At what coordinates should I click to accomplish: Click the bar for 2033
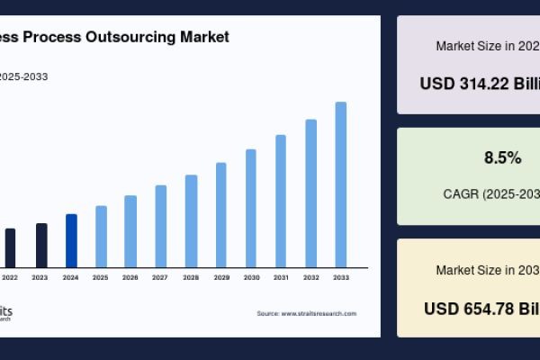coord(341,184)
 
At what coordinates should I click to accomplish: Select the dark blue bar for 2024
coord(71,240)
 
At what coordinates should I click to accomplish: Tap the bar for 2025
coord(101,236)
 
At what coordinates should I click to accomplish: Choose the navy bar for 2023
coord(41,245)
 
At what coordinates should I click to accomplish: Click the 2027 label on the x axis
coord(160,277)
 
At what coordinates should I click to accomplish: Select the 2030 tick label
coord(251,277)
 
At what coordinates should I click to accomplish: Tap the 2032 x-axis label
coord(311,277)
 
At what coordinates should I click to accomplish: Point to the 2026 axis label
coord(130,277)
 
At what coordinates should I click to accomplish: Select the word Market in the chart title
coord(206,37)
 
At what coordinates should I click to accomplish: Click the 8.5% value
coord(502,158)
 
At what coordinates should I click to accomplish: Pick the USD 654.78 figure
coord(481,308)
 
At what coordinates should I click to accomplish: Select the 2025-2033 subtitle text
coord(24,76)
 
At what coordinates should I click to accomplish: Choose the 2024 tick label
coord(71,277)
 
